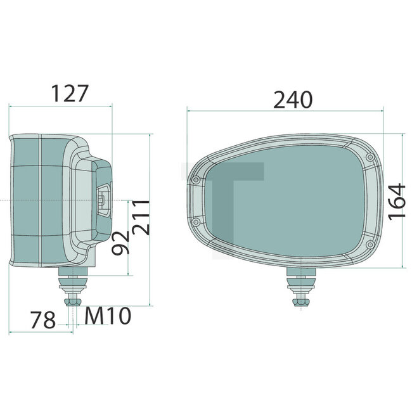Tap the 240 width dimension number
[292, 100]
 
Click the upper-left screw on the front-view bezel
[196, 181]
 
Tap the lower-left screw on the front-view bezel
[196, 222]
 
